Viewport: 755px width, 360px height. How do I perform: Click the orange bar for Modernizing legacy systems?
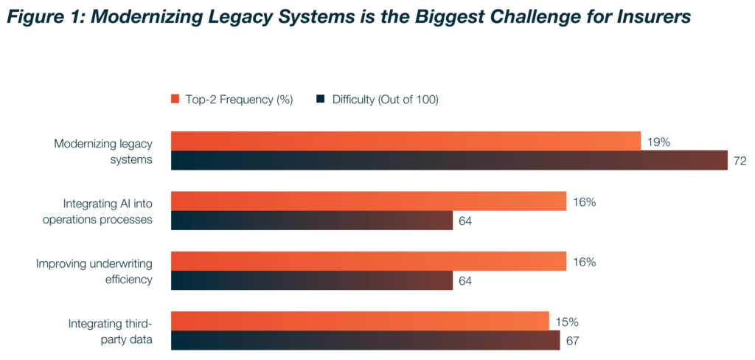(406, 142)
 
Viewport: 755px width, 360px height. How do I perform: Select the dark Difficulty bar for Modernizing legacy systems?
(449, 161)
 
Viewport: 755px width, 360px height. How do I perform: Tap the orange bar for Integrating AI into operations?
(369, 201)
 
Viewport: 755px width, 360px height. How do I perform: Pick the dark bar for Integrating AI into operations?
(312, 221)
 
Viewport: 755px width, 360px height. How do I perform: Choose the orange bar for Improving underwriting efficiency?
(369, 261)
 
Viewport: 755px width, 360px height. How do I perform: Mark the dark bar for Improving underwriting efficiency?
(312, 280)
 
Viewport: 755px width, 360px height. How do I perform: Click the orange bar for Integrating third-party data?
(360, 321)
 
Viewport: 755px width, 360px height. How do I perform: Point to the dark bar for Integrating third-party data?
(366, 340)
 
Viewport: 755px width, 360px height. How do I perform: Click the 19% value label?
(658, 142)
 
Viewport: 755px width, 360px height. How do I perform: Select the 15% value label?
(566, 322)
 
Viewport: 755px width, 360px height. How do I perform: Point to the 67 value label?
(573, 341)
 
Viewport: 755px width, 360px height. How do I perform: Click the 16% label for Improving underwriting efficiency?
(583, 262)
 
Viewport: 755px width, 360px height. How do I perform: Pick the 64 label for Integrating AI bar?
(465, 221)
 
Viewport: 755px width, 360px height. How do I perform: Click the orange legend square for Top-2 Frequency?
(175, 100)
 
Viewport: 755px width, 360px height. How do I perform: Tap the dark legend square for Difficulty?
(321, 100)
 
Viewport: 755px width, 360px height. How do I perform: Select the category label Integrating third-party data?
(111, 330)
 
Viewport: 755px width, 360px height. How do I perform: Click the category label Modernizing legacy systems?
(103, 151)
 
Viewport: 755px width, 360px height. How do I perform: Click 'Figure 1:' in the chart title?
(49, 15)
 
